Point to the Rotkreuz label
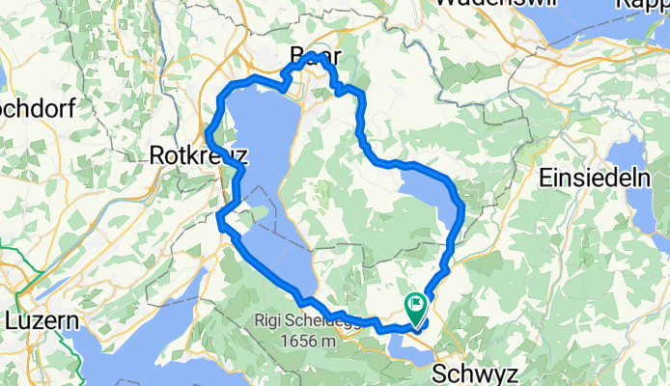pyautogui.click(x=199, y=155)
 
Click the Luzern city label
pyautogui.click(x=40, y=319)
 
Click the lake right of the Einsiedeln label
pyautogui.click(x=641, y=183)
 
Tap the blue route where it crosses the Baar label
pyautogui.click(x=314, y=57)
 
